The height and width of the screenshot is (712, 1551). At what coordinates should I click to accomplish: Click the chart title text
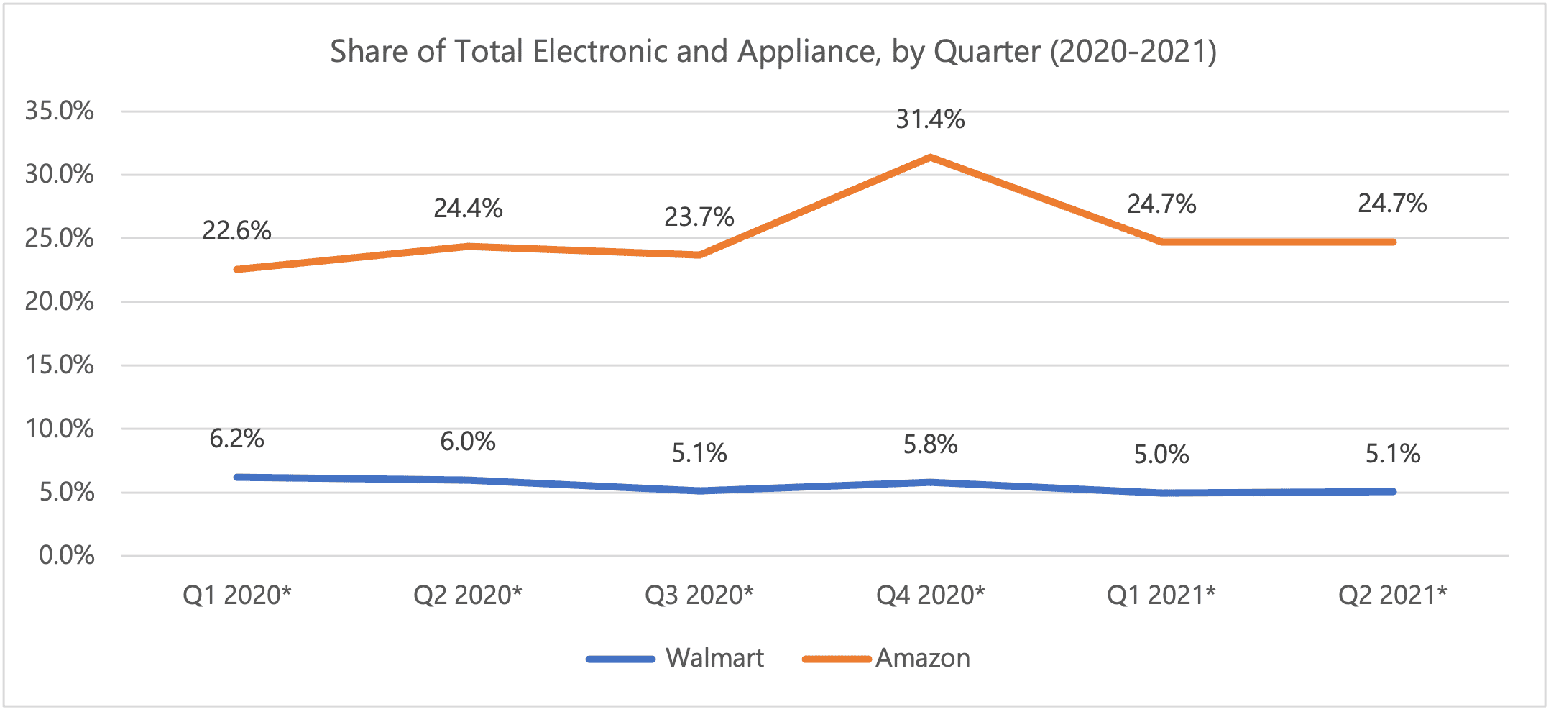click(x=773, y=52)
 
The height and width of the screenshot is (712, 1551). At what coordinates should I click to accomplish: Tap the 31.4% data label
click(x=930, y=119)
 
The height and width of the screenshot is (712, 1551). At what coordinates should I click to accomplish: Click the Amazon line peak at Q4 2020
click(x=930, y=157)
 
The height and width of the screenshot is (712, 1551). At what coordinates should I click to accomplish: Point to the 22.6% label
click(x=236, y=231)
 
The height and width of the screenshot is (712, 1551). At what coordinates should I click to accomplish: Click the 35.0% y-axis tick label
click(x=60, y=111)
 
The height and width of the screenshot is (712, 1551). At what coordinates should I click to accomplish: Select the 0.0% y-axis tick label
click(x=67, y=555)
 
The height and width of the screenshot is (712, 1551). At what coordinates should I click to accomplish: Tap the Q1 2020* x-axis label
click(x=236, y=595)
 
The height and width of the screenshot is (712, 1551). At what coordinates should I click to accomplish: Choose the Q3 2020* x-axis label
click(x=699, y=595)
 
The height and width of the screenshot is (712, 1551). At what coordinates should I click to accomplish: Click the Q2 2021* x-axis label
click(x=1392, y=595)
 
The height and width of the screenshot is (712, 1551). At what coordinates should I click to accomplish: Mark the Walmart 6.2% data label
click(x=236, y=439)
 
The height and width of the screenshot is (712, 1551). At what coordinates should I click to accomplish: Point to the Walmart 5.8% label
click(x=930, y=445)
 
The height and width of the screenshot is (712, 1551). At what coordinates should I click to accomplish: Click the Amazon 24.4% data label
click(x=468, y=209)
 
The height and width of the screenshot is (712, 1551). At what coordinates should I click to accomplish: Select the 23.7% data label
click(x=699, y=217)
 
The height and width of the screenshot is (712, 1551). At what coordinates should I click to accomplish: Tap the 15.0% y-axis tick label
click(x=60, y=365)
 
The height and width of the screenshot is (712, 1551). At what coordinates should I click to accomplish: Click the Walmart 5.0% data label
click(x=1161, y=455)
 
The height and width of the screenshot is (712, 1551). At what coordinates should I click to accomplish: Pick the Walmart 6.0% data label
click(x=468, y=442)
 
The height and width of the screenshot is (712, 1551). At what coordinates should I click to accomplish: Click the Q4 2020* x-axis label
click(x=930, y=595)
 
